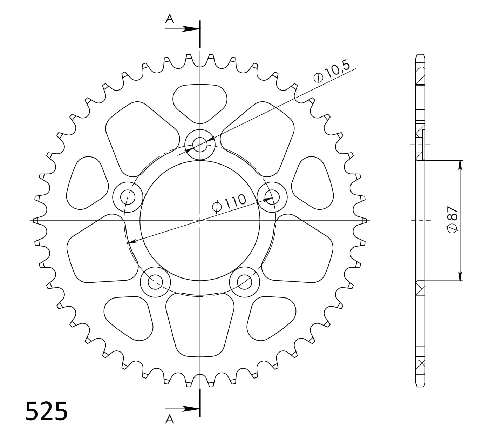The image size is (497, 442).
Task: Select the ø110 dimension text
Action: [230, 203]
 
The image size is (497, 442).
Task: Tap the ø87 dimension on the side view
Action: [452, 220]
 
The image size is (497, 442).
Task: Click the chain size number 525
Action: [47, 411]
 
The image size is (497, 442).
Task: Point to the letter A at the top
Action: [170, 19]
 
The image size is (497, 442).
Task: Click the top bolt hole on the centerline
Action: [200, 144]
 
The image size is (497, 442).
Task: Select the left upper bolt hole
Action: [128, 197]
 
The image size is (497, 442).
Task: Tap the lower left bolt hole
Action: [155, 282]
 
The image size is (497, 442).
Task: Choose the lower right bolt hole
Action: [244, 282]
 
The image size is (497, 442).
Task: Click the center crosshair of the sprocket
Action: [200, 220]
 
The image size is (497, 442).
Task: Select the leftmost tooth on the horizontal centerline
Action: [34, 220]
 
